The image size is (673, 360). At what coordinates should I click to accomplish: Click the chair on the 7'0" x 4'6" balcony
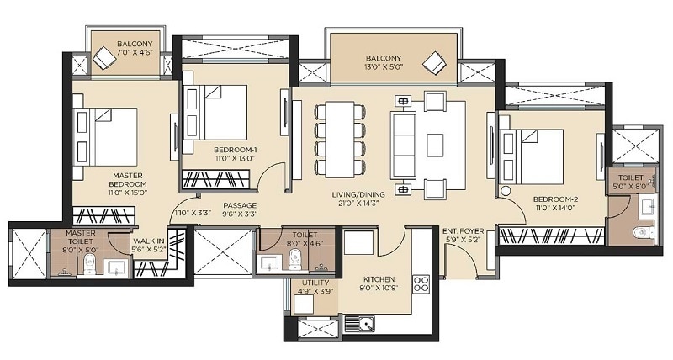click(106, 58)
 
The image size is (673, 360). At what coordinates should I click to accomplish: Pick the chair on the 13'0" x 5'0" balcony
click(435, 63)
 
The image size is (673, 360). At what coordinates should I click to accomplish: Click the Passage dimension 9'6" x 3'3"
click(239, 214)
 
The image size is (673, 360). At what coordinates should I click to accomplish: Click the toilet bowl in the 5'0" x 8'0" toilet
click(644, 231)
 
